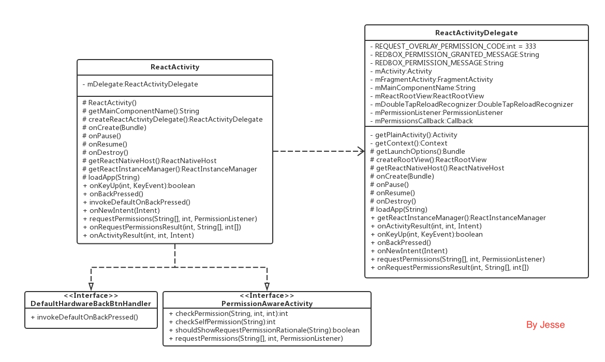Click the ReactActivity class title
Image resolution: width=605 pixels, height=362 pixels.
point(175,67)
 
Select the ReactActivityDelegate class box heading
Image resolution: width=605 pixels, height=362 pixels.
point(476,33)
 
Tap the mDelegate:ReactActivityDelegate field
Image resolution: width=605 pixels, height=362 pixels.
point(140,84)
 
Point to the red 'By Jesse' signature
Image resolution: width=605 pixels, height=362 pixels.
point(545,325)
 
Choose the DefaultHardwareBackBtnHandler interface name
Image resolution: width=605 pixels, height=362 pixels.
point(91,303)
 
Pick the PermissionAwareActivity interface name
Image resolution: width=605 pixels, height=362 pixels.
point(267,303)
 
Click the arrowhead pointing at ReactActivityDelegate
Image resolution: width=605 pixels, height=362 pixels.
point(361,151)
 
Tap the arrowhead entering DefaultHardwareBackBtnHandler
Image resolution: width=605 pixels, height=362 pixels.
point(91,286)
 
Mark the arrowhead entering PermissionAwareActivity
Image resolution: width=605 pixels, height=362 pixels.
point(267,286)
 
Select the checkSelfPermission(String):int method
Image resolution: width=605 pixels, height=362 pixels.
point(222,322)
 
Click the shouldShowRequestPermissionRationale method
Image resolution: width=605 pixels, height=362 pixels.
point(264,330)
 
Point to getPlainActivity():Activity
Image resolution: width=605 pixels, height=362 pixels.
point(414,135)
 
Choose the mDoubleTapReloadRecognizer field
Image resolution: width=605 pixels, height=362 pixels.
point(471,104)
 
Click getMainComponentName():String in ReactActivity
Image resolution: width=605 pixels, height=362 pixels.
point(140,111)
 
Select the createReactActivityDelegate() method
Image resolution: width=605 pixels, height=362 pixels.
point(172,119)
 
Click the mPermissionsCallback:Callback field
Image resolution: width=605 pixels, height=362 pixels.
point(421,121)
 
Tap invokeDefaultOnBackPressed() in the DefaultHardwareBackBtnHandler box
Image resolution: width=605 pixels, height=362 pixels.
point(84,317)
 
